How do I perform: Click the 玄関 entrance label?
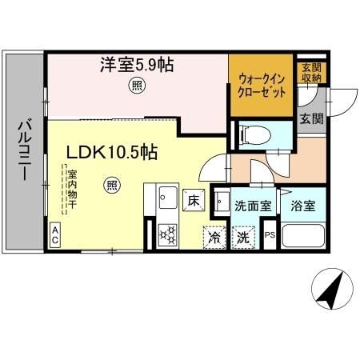coord(311,120)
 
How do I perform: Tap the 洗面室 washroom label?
coord(253,206)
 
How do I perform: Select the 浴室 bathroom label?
coord(303,206)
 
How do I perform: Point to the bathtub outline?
coord(303,236)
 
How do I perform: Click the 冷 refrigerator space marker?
coord(214,237)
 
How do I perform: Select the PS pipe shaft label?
coord(270,236)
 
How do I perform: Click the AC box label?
coord(55,235)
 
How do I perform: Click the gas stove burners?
coord(168,234)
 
